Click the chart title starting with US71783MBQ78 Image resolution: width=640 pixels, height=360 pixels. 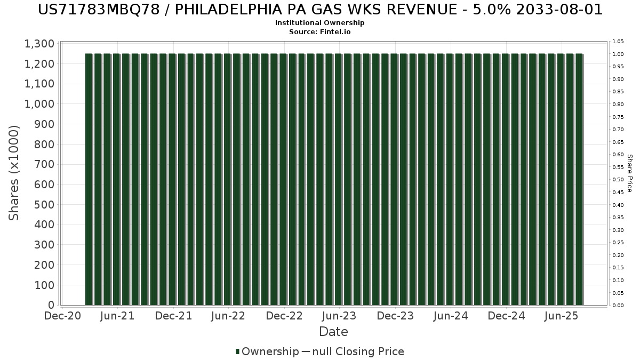(x=320, y=10)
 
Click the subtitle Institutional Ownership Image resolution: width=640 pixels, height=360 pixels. (x=320, y=23)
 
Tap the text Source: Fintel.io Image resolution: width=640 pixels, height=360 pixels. (x=320, y=32)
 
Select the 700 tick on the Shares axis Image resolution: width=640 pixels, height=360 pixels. (x=44, y=164)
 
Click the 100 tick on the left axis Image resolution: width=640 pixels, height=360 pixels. (x=44, y=285)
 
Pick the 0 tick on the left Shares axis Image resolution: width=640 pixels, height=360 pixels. (x=51, y=305)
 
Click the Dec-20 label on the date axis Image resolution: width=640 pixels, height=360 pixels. (x=62, y=316)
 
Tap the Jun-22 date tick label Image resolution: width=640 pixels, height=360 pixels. (x=228, y=316)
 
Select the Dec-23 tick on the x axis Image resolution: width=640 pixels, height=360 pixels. (x=395, y=316)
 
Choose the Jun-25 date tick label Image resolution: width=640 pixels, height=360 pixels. (x=561, y=316)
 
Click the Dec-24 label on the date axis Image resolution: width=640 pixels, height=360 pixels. (x=506, y=316)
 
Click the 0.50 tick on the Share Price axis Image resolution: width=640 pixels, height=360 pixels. (x=618, y=180)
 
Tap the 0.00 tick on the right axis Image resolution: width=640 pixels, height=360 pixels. (x=618, y=306)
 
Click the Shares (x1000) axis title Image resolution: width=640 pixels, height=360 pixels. (x=14, y=173)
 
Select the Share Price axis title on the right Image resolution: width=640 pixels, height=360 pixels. (x=629, y=173)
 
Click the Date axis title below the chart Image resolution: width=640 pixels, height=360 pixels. (x=333, y=332)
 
